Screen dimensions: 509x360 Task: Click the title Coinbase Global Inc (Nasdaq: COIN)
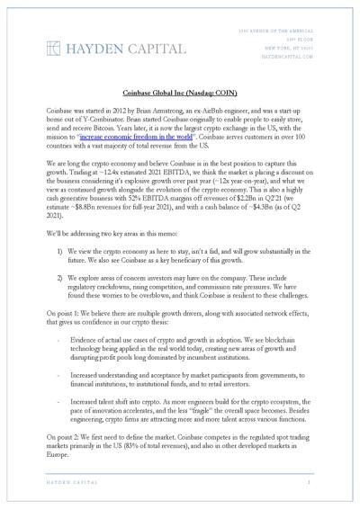point(180,93)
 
